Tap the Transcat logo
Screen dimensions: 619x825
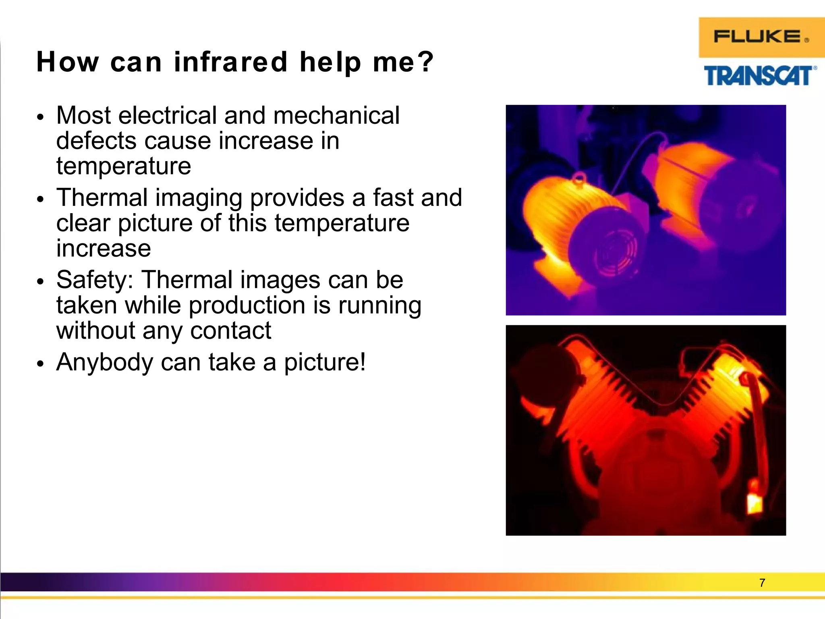pos(760,76)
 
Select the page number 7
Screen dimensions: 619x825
pos(762,583)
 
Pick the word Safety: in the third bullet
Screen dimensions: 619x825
pos(95,280)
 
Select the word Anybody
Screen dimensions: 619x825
pos(105,362)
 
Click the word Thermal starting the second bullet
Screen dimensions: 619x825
pos(102,198)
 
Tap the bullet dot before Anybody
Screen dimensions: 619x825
pos(39,364)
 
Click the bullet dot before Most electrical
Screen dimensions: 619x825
pos(39,118)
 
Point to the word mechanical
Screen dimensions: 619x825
pos(336,116)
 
